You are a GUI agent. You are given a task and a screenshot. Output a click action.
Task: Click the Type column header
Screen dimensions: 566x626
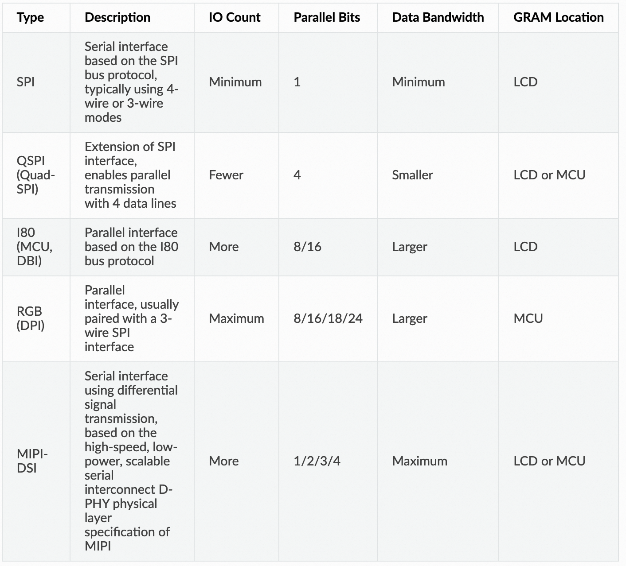[30, 17]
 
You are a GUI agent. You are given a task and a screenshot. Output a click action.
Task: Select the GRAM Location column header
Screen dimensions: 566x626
[558, 17]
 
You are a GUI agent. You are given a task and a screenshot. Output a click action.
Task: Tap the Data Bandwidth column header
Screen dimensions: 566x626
[438, 17]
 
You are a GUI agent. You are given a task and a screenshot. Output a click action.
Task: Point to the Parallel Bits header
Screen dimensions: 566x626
[327, 17]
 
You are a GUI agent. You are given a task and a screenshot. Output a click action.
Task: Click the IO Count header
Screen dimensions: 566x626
[235, 17]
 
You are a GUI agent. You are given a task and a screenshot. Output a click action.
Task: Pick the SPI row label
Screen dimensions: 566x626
[26, 82]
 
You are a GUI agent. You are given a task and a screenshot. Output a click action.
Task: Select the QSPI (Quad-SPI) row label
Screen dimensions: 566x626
[35, 175]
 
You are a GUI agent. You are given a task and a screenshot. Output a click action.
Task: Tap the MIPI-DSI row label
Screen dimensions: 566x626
[32, 461]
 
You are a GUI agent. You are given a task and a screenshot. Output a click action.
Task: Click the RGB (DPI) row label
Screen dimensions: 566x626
[30, 318]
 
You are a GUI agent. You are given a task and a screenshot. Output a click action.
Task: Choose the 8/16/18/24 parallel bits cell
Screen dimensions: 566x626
[328, 318]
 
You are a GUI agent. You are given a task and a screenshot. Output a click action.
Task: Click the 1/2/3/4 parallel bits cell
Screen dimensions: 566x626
[317, 461]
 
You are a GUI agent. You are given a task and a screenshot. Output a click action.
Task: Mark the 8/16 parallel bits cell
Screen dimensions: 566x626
[307, 247]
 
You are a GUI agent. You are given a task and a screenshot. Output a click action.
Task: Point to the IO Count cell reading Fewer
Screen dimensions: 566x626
[226, 175]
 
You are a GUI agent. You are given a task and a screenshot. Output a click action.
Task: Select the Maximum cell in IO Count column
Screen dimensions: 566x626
[236, 318]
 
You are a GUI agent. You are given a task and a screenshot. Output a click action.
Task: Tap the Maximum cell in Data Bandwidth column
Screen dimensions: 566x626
[419, 461]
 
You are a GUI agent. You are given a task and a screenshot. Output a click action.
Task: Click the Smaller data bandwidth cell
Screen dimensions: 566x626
[412, 175]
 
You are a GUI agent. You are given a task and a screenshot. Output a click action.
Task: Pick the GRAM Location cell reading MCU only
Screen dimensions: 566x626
[528, 318]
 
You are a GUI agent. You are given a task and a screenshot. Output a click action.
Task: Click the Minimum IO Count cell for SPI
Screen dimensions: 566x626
[235, 82]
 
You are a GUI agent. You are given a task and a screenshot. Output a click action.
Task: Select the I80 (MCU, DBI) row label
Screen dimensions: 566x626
[34, 247]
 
